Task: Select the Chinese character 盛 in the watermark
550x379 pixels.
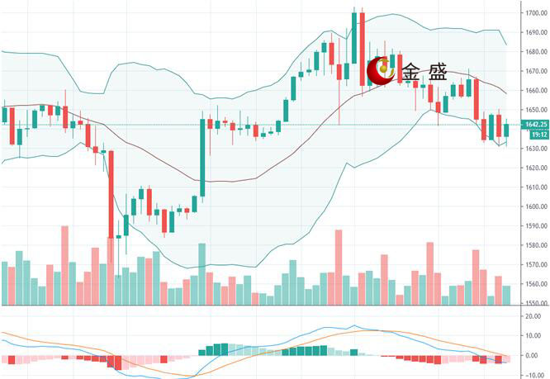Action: coord(438,73)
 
